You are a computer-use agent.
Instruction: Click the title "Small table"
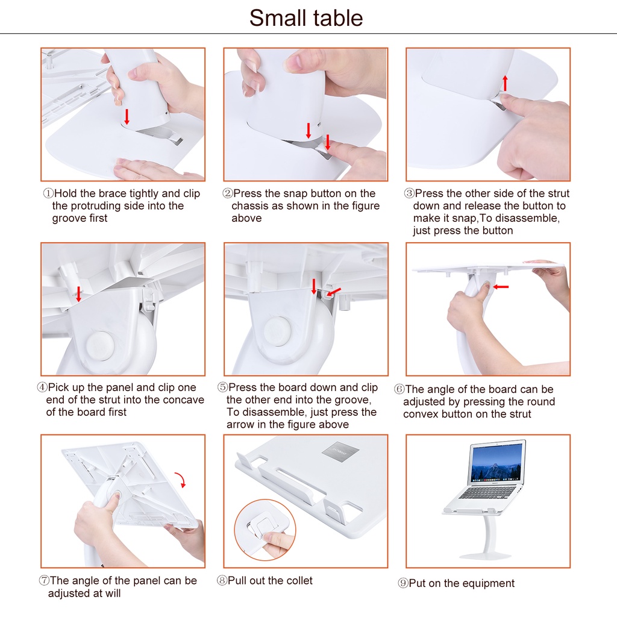[306, 18]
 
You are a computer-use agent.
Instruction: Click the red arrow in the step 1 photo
[127, 116]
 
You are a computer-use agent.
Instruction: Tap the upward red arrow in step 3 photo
[505, 83]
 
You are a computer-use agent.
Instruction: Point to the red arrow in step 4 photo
[78, 294]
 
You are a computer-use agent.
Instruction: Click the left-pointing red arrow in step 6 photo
[501, 287]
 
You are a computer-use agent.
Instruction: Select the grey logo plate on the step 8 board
[336, 452]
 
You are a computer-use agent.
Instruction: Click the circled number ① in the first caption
[48, 194]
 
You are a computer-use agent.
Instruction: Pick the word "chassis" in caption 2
[251, 206]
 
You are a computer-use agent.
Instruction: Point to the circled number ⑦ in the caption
[44, 581]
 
